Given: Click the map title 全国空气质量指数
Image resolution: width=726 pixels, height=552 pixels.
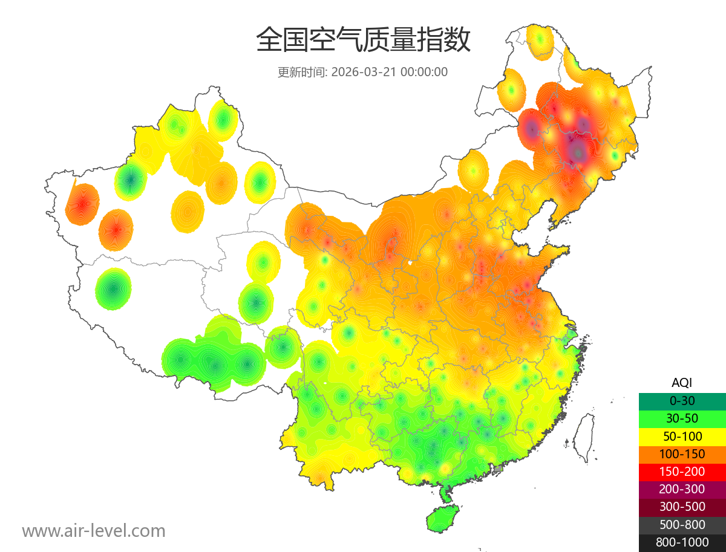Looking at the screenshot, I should [363, 41].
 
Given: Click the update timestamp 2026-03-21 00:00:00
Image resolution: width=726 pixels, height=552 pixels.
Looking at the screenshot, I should [389, 72].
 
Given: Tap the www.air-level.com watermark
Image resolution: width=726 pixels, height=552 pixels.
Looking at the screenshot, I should [94, 531].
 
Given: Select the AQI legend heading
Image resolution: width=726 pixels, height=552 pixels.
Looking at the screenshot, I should [682, 382].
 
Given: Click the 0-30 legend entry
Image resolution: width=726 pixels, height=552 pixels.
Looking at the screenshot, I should [682, 400].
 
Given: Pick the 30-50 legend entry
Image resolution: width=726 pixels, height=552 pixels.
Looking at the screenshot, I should [682, 418].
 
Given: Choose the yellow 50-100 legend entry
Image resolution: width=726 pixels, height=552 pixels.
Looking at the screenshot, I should [682, 436].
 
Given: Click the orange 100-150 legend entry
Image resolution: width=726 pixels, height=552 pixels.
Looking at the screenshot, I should [682, 453].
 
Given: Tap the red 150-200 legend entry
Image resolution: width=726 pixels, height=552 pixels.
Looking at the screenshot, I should [682, 471].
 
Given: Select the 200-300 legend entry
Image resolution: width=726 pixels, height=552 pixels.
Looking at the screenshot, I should [682, 489].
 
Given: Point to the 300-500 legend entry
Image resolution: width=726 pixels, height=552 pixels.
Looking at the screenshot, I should [682, 507].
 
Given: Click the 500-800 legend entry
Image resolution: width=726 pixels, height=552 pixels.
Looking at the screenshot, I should [682, 525].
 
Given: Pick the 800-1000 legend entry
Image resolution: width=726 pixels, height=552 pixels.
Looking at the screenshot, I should [682, 542].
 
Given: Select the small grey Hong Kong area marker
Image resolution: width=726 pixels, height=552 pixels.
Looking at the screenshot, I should [498, 469].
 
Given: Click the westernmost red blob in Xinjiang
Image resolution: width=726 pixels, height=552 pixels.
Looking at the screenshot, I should [82, 204].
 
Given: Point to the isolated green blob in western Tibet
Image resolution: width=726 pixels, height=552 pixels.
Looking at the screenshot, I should [113, 288].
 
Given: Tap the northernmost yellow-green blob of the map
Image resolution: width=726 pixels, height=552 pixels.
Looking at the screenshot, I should [540, 41].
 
